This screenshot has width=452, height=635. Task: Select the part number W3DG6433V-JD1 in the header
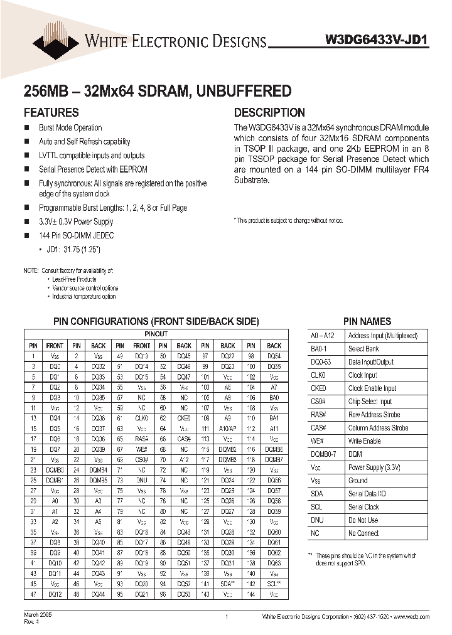point(377,40)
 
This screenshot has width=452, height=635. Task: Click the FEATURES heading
point(51,113)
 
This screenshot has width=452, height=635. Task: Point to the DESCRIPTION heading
point(269,113)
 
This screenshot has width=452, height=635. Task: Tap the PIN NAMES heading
point(367,321)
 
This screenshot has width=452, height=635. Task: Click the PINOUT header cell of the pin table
point(156,334)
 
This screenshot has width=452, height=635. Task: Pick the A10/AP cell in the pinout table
point(228,428)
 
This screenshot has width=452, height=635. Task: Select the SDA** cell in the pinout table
point(228,583)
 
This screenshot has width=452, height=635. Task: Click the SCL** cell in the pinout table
point(274,583)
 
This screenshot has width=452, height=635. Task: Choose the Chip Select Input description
point(370,402)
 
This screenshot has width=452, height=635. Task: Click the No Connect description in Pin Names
point(363,533)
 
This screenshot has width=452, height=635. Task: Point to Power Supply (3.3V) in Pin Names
point(375,467)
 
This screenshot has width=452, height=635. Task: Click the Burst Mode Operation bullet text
point(70,128)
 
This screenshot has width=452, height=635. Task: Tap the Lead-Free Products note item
point(74,279)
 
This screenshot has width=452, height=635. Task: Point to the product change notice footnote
point(289,220)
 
